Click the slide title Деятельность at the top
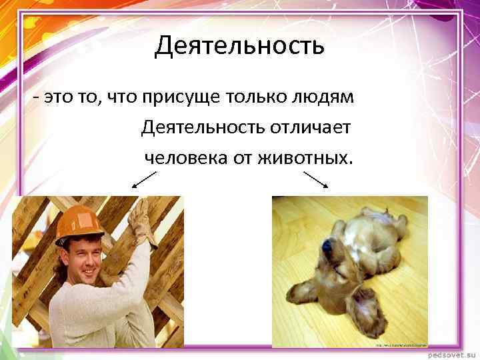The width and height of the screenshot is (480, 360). (x=239, y=46)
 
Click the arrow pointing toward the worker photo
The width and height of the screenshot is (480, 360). (x=144, y=179)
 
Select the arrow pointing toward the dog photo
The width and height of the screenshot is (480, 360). (x=317, y=179)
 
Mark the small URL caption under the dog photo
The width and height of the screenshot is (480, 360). (x=401, y=345)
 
